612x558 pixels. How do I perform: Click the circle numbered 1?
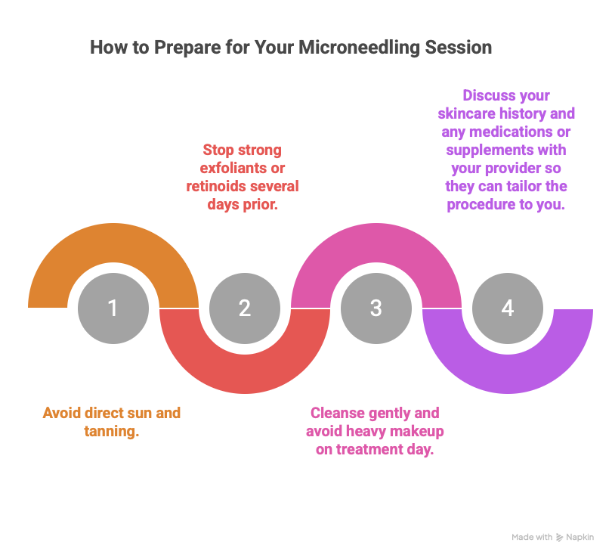(x=113, y=308)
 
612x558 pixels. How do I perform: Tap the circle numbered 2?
(x=244, y=308)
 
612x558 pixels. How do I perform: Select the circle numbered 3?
(x=376, y=308)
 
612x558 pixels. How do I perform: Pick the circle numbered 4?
(x=507, y=308)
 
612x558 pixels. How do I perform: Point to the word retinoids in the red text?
(x=218, y=185)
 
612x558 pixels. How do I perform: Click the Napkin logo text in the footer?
(x=580, y=537)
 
